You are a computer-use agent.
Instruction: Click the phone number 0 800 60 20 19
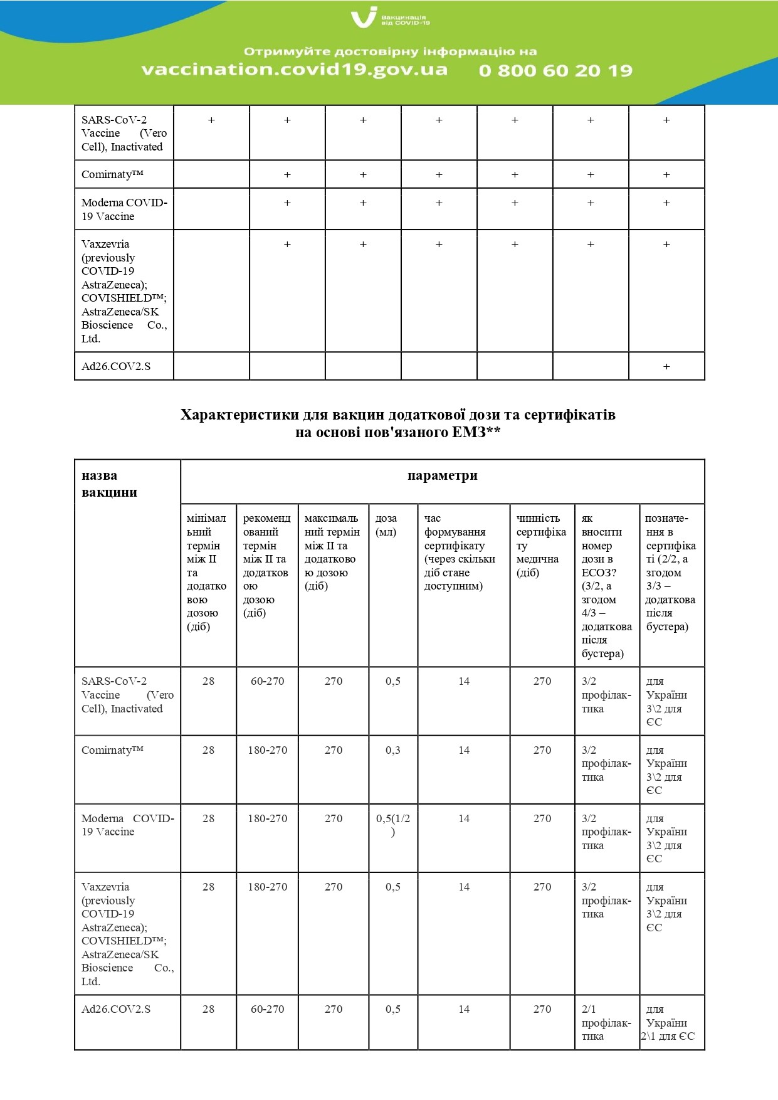click(x=555, y=70)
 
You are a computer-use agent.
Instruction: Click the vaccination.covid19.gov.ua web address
click(x=295, y=69)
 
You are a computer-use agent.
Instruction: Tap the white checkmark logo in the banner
click(x=364, y=18)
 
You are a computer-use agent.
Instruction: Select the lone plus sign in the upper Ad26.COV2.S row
click(x=666, y=366)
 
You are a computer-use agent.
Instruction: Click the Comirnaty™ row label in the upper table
click(x=113, y=174)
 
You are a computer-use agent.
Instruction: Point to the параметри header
click(x=442, y=475)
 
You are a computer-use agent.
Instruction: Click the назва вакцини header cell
click(x=109, y=484)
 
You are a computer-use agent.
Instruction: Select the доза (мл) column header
click(x=386, y=525)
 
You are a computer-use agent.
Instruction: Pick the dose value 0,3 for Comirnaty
click(x=393, y=750)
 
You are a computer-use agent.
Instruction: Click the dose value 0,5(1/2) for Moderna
click(x=393, y=825)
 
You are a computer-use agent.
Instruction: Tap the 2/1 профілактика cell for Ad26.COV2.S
click(x=606, y=1022)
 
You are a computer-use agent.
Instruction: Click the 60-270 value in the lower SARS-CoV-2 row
click(x=267, y=681)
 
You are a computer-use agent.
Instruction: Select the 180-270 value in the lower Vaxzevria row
click(x=267, y=887)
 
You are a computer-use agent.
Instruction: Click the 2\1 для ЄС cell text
click(x=668, y=1036)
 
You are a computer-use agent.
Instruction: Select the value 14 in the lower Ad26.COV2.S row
click(x=464, y=1009)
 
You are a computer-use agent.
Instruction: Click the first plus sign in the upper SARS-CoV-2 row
click(x=211, y=120)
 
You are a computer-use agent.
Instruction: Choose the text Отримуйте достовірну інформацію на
click(x=390, y=51)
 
